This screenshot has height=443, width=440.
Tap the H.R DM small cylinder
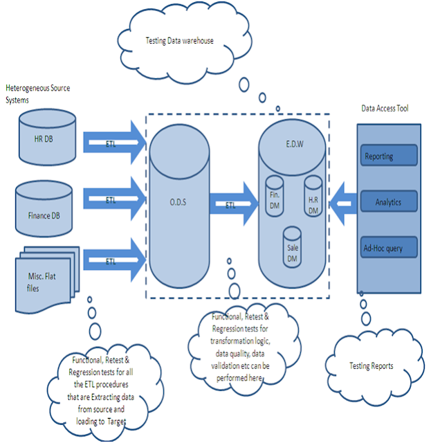point(313,197)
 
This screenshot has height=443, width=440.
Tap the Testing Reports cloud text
point(372,365)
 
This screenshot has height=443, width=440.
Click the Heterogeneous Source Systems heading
point(37,93)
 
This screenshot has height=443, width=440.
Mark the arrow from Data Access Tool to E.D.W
point(342,203)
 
